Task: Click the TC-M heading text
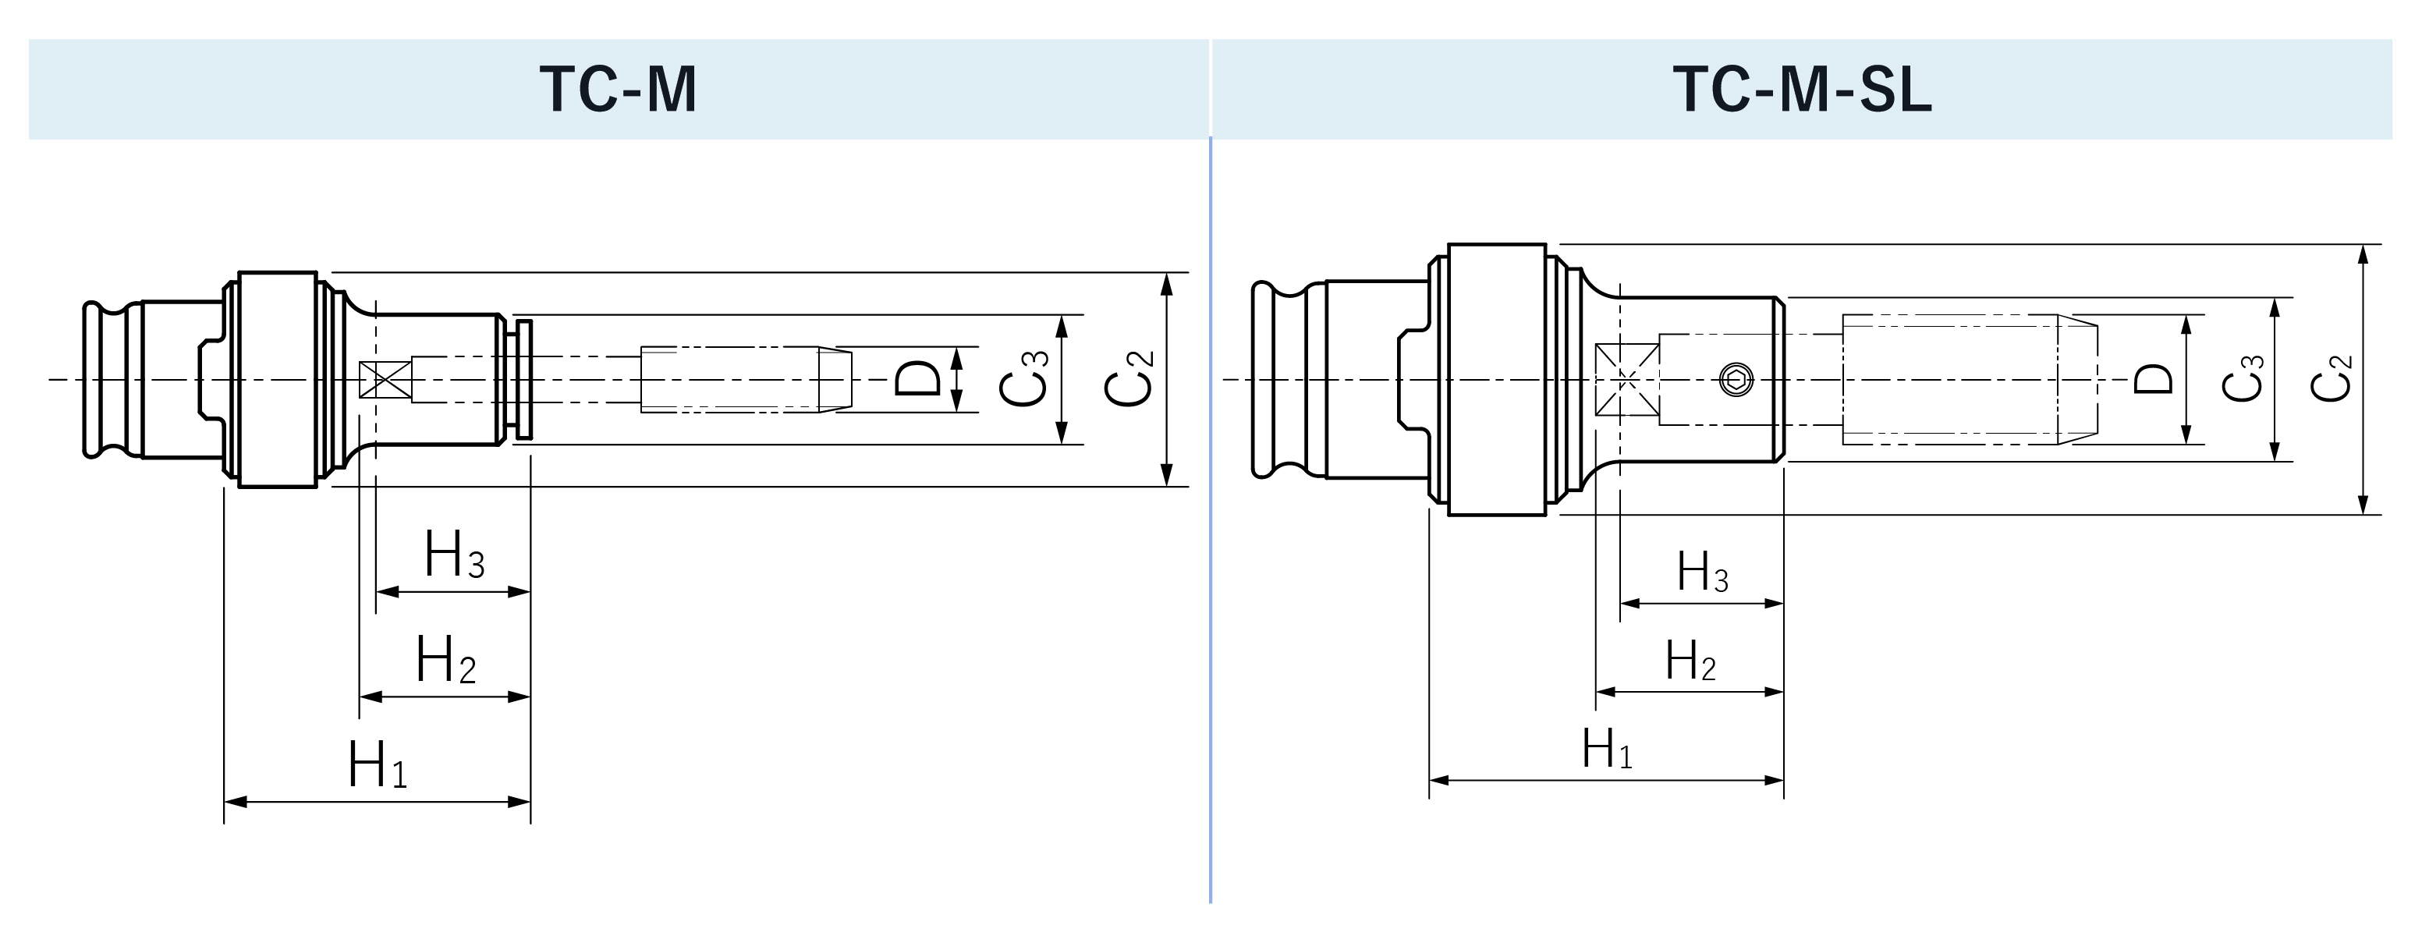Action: [618, 90]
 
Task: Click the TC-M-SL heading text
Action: [1801, 90]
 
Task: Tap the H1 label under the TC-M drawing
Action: [377, 765]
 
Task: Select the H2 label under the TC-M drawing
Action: [445, 660]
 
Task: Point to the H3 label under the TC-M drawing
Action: [454, 555]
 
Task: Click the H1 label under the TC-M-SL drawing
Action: [1607, 750]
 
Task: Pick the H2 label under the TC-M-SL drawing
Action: [1690, 661]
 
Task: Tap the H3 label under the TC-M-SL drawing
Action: [1702, 572]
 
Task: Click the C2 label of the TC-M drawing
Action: [1128, 378]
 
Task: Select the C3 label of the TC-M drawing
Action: [1023, 378]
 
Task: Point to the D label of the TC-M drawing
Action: [917, 379]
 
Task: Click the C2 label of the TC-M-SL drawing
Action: [2331, 379]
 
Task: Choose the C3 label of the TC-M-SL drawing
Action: [2243, 379]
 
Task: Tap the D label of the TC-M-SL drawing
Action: [2153, 379]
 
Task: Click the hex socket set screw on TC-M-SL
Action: [1736, 380]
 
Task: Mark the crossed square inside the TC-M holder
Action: [385, 380]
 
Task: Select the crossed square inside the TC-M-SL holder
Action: [1626, 380]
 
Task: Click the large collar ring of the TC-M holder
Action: [278, 380]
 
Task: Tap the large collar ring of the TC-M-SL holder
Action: [1497, 380]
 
